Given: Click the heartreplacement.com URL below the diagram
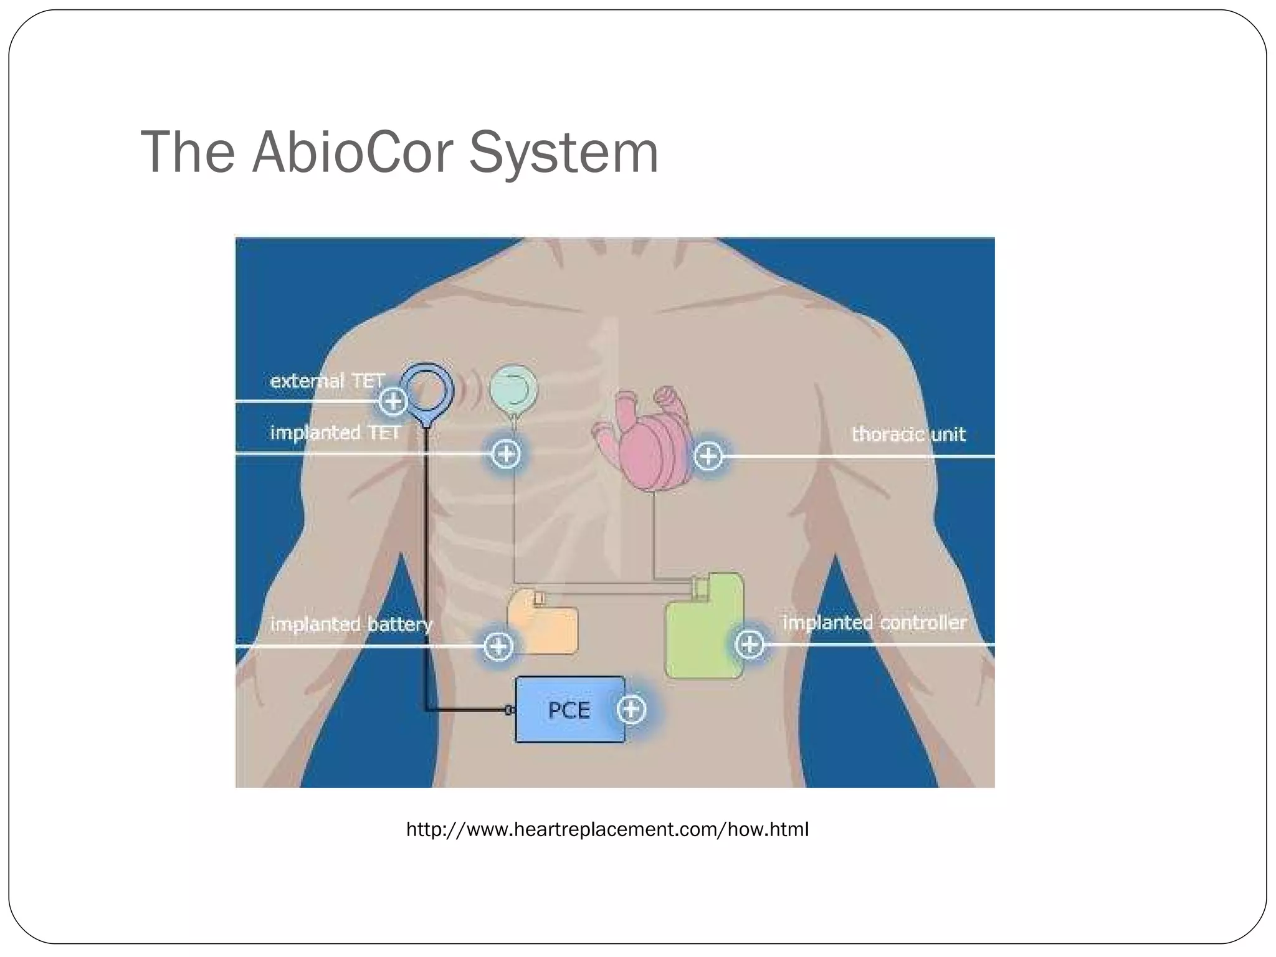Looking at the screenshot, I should tap(607, 829).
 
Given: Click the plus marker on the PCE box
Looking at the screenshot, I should tap(631, 709).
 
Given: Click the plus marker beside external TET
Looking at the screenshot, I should tap(393, 401).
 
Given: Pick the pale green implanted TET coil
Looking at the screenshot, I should tap(513, 390).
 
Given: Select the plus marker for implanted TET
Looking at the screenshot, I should tap(505, 454).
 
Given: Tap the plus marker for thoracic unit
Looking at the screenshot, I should tap(708, 456).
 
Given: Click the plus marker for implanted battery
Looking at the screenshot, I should tap(498, 646).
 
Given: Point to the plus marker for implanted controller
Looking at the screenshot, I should tap(750, 644).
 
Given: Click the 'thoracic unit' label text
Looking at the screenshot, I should tap(908, 434).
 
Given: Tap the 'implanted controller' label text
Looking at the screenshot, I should tap(874, 622).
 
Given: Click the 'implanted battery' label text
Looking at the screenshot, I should tap(351, 624).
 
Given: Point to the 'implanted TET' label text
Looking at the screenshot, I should tap(335, 432).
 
